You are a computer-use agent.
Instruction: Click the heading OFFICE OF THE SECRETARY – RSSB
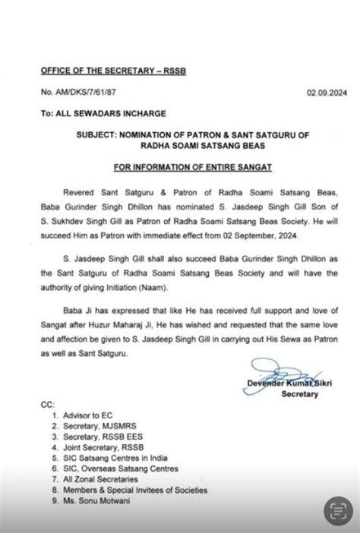pyautogui.click(x=99, y=71)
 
